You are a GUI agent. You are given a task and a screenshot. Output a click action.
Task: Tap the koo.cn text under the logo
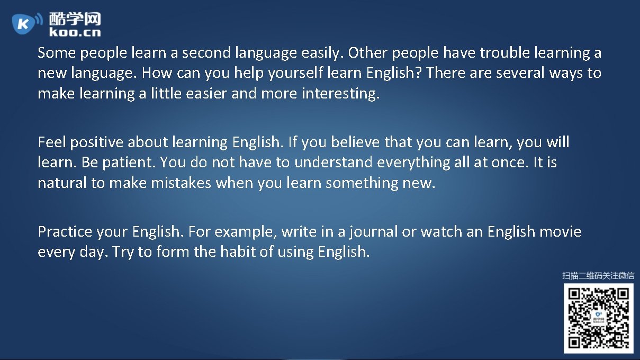click(75, 32)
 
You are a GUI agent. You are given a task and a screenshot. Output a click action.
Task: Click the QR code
click(598, 318)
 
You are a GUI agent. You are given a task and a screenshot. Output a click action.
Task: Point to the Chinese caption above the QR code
click(598, 275)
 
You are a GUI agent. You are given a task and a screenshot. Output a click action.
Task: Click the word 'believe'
click(354, 142)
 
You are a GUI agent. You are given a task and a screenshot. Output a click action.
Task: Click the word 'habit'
click(236, 251)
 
